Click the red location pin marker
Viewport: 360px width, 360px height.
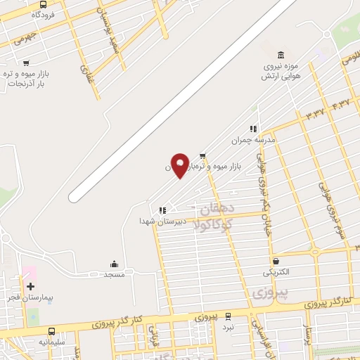179,165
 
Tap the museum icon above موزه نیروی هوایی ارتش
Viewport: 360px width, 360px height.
281,56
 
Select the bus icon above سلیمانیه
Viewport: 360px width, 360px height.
51,331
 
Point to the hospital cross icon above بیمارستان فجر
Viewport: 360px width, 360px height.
30,286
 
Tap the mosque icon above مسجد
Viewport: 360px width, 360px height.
114,264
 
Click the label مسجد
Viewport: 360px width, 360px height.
114,274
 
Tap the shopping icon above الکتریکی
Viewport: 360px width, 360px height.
275,261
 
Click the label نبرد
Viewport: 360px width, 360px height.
229,327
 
